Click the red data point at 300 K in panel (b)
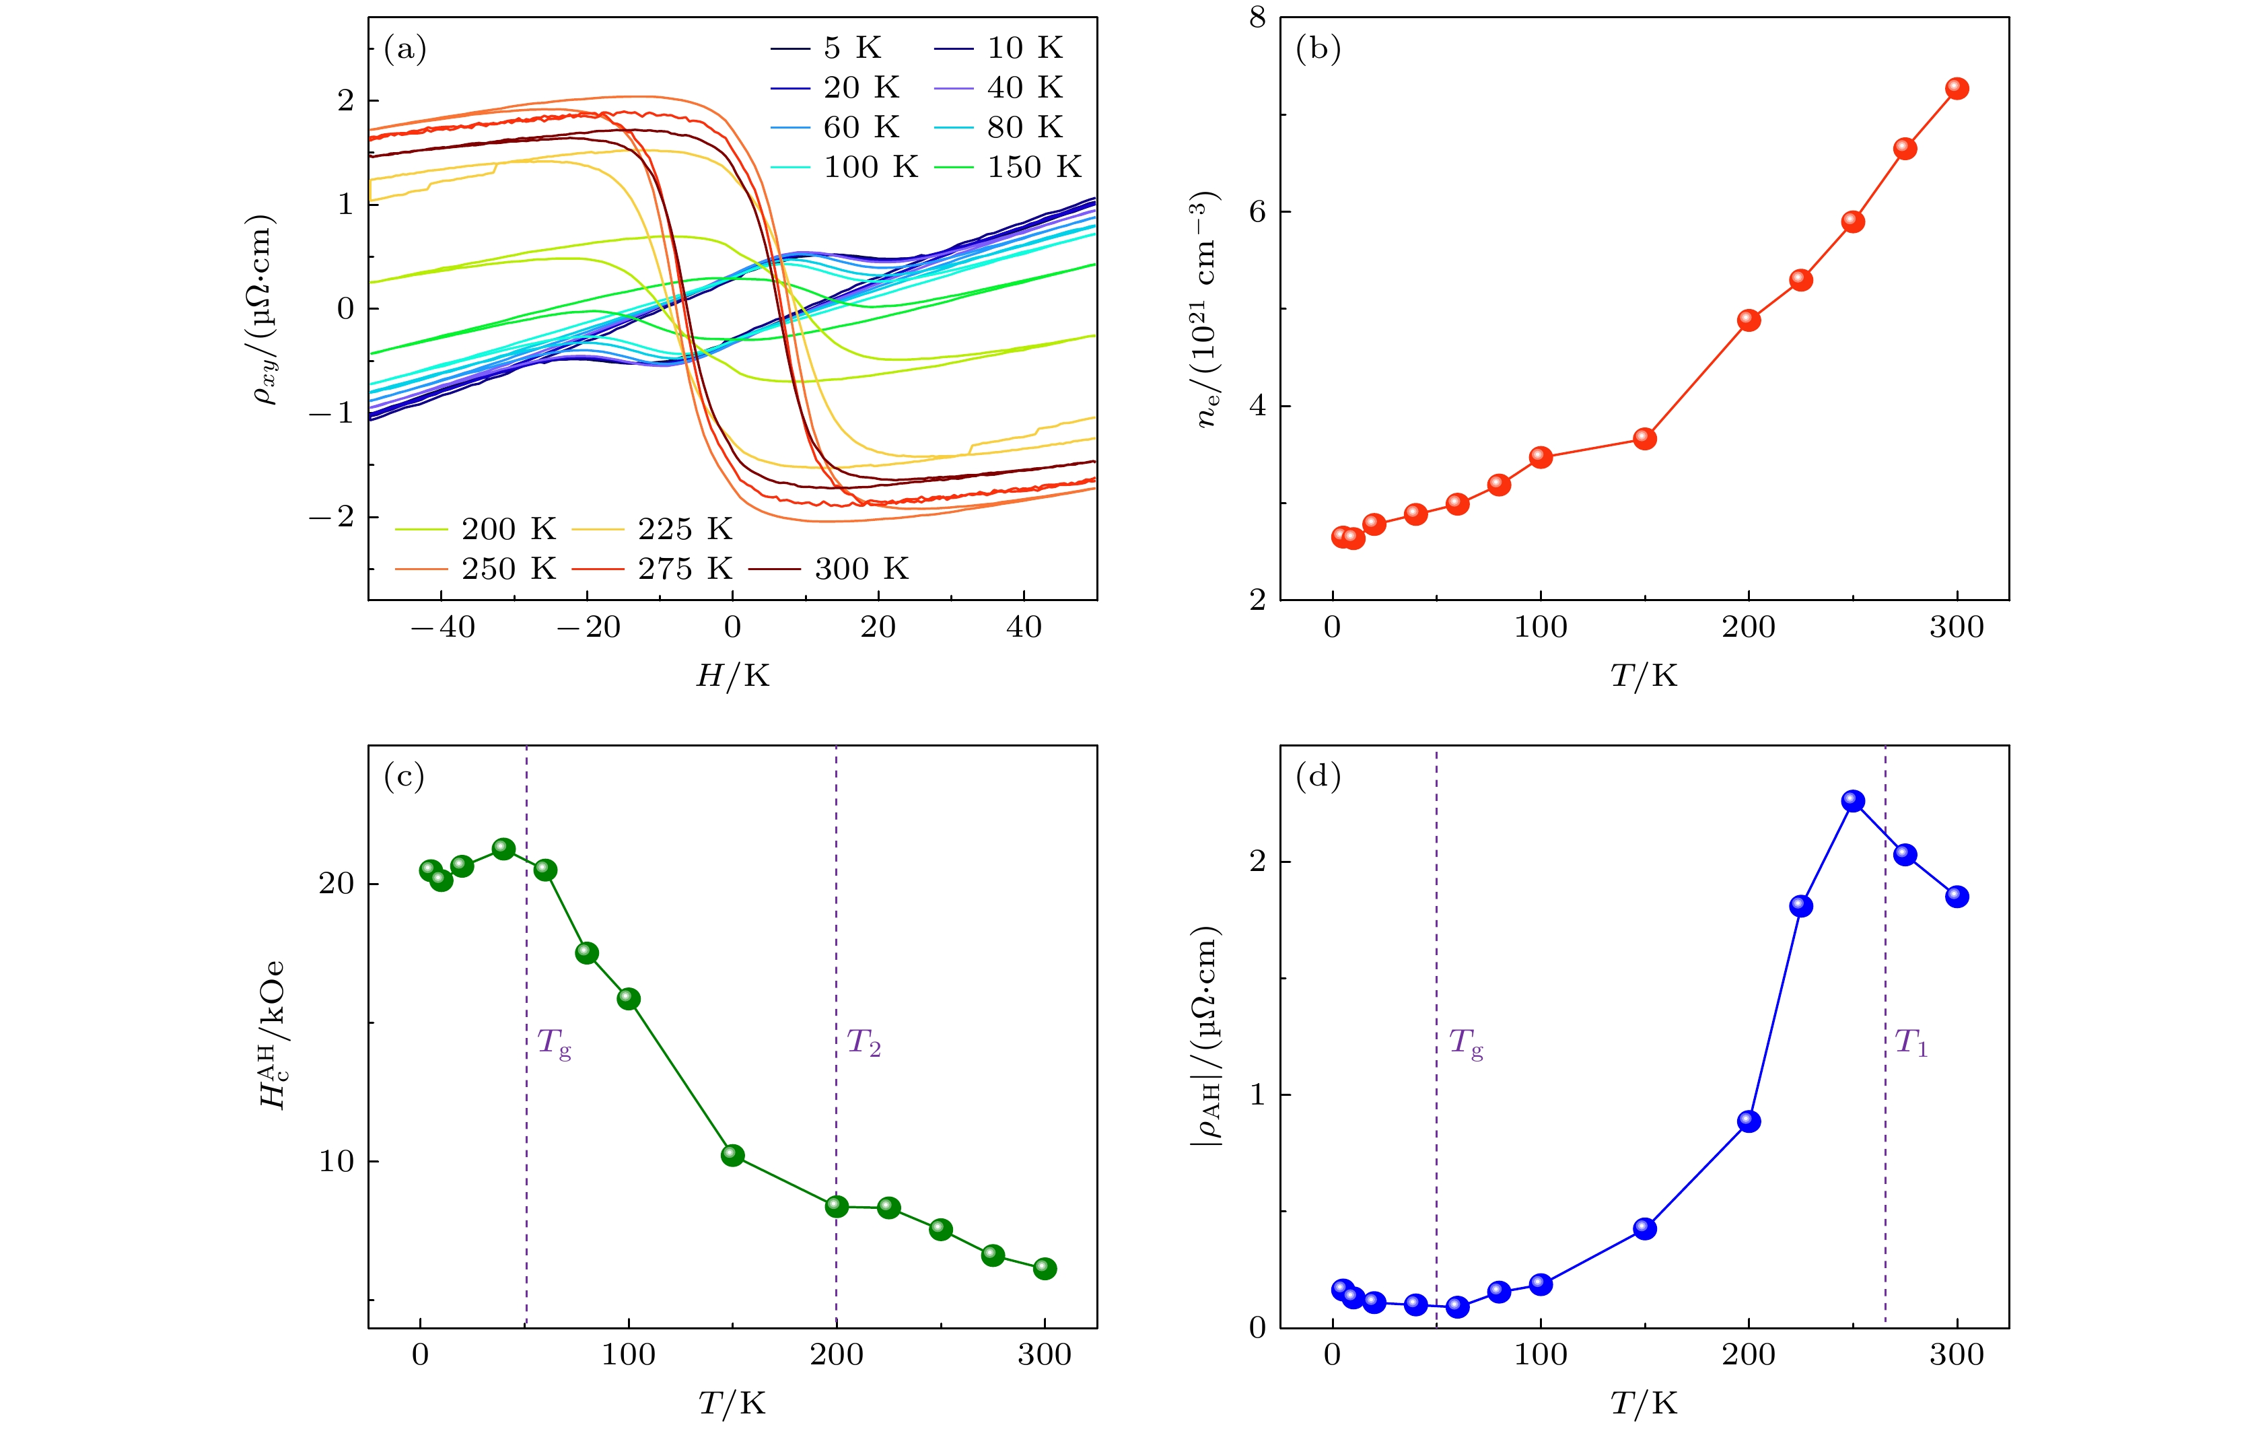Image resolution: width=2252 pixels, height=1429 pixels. [1957, 89]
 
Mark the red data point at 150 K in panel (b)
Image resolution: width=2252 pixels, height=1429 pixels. [1644, 439]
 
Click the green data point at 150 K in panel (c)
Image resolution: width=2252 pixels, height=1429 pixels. [732, 1155]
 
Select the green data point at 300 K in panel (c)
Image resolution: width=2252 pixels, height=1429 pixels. [1045, 1268]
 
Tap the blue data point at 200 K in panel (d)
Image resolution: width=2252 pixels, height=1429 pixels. [1749, 1121]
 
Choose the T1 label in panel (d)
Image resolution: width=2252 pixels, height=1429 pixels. [1911, 1042]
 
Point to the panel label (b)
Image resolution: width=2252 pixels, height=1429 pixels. [1318, 48]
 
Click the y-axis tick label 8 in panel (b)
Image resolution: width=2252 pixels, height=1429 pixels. [1257, 18]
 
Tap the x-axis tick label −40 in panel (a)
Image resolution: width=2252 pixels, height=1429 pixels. [442, 627]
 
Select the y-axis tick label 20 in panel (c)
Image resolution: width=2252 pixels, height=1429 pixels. [337, 883]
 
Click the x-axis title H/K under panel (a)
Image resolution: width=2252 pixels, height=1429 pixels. [732, 675]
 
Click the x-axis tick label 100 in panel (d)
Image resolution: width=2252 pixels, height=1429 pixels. [1541, 1355]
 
